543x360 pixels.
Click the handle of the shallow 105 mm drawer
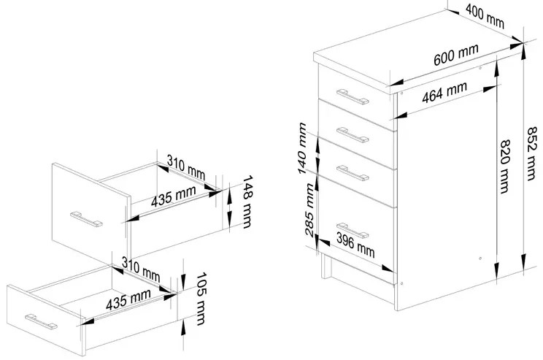42,320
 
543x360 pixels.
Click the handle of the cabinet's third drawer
352,172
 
